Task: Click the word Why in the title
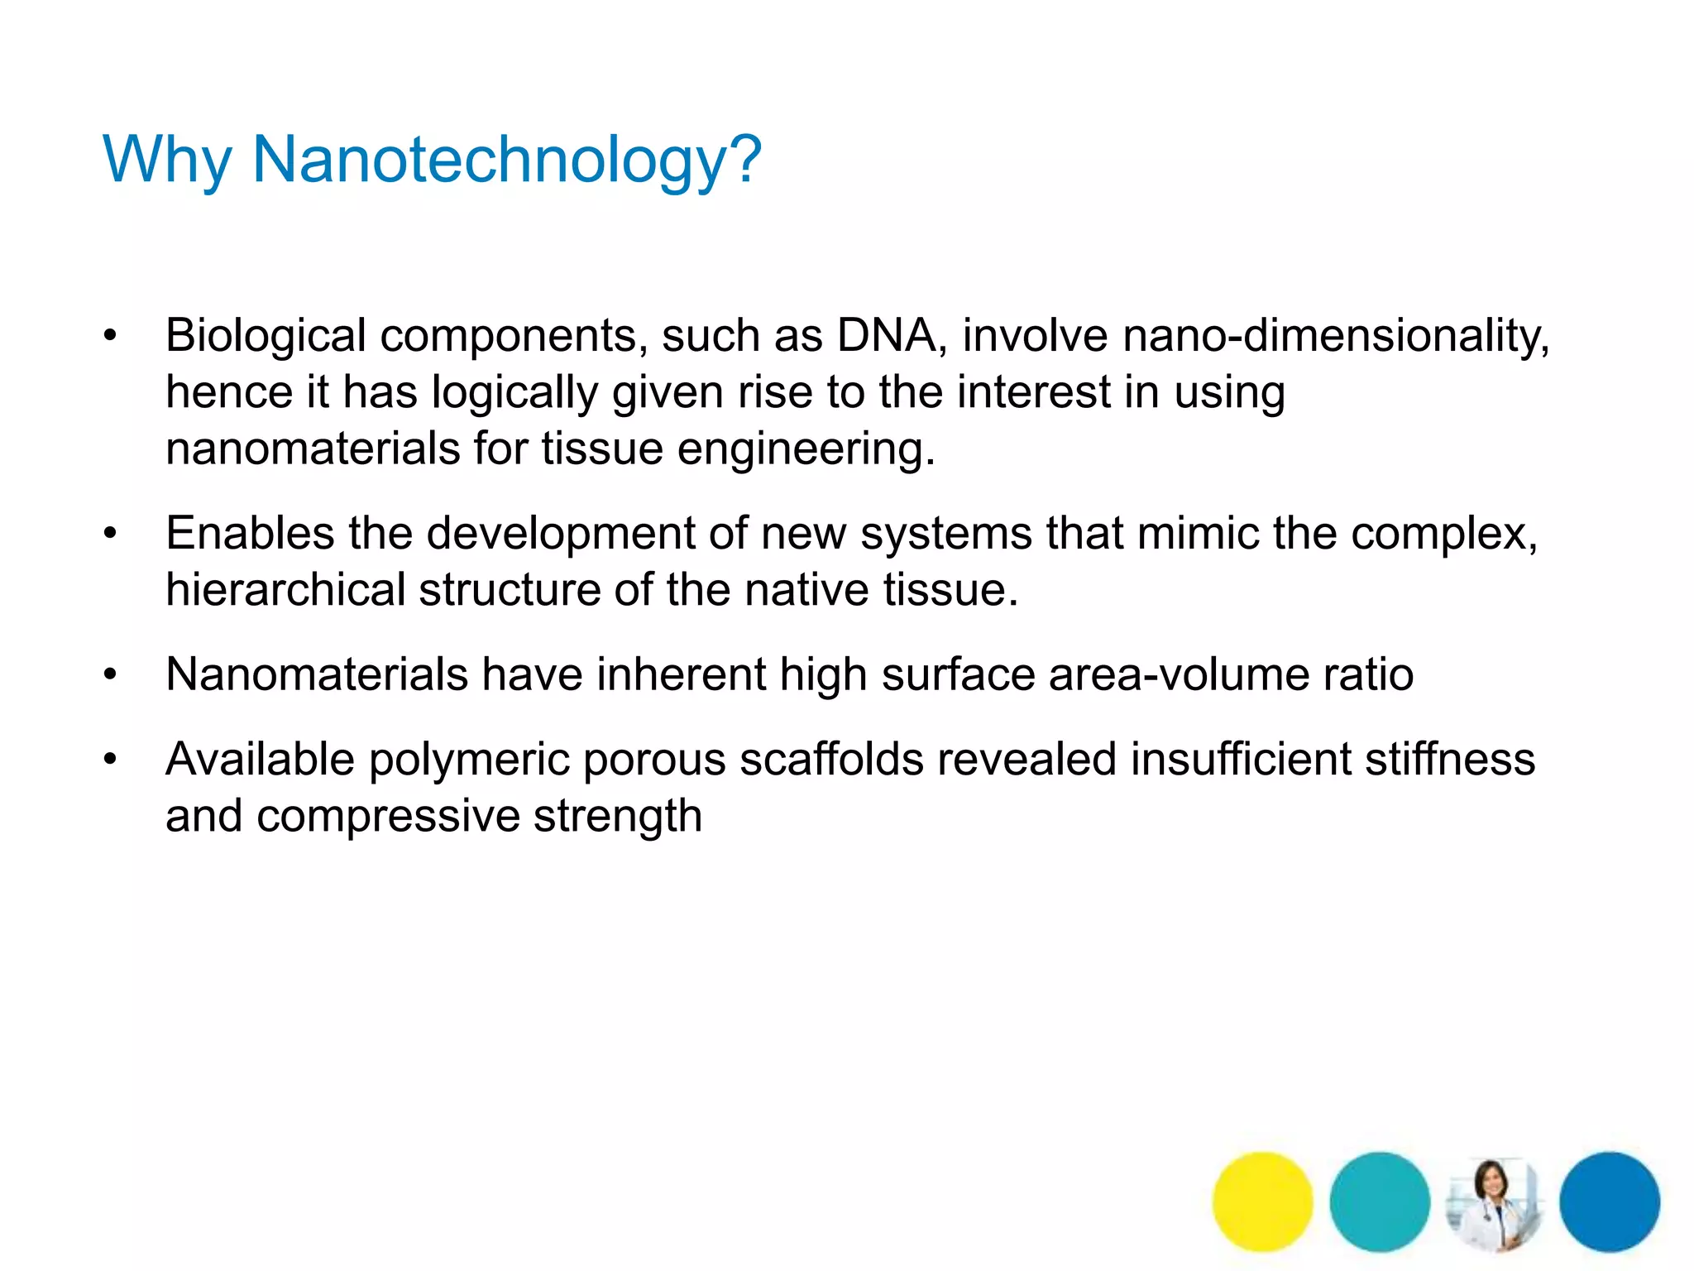point(166,159)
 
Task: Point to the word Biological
point(266,336)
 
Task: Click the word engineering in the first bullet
point(806,448)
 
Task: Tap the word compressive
point(388,816)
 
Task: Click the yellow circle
point(1262,1201)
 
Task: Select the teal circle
point(1379,1201)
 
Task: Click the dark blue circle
point(1609,1201)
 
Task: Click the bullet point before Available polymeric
point(110,760)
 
